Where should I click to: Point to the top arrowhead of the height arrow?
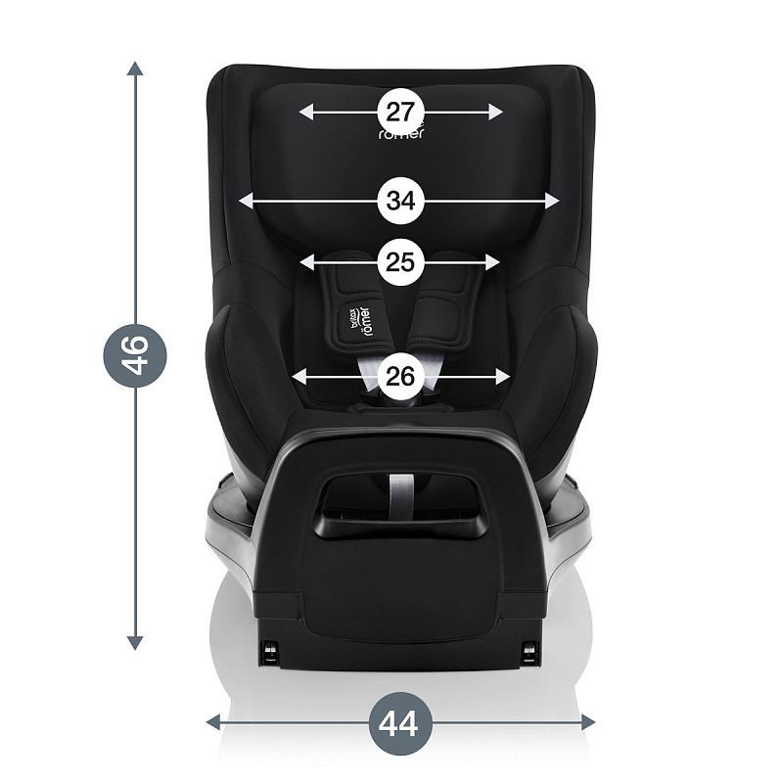[135, 69]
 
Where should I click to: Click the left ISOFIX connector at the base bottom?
[267, 650]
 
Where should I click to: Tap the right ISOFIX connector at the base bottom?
[530, 650]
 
